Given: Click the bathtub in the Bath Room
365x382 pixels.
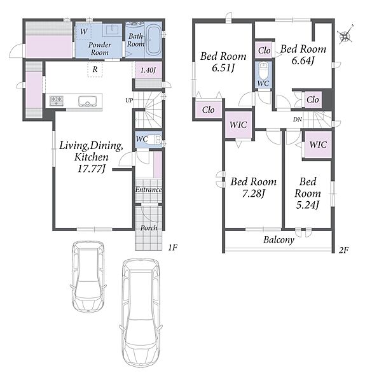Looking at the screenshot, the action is point(153,40).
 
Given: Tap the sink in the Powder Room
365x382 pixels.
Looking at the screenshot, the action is point(112,30).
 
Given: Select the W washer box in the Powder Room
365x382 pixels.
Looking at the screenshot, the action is point(83,31).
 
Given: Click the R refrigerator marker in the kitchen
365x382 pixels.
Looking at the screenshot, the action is point(95,69).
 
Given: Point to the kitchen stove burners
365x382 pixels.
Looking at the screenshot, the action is point(57,101).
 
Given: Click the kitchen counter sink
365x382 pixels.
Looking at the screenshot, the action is point(87,101).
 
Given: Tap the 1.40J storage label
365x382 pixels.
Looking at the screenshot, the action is point(148,70).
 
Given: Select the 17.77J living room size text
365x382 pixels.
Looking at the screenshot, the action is point(92,168).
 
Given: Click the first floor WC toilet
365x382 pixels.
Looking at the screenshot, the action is point(155,140).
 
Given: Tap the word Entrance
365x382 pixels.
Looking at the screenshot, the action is point(148,189).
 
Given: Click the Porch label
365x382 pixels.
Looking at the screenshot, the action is point(149,228).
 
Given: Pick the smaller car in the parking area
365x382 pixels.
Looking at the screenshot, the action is point(88,277).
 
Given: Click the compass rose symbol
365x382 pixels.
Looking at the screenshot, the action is point(346,35).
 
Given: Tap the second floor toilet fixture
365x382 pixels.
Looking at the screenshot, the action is point(263,69).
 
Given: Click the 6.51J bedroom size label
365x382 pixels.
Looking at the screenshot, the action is point(223,68).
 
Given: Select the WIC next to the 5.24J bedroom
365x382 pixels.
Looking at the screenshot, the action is point(318,145).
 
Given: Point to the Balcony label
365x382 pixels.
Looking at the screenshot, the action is point(279,240).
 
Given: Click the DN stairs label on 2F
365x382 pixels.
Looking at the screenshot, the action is point(298,120).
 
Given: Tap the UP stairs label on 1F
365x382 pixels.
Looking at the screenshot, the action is point(129,100).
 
